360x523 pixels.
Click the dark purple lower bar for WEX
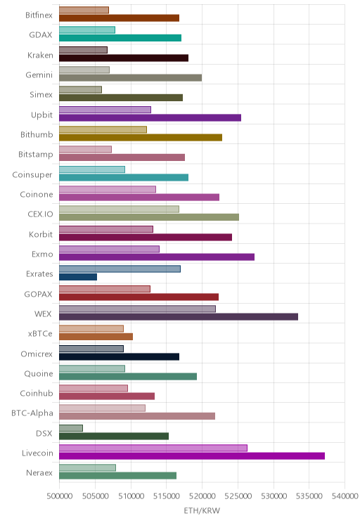(179, 317)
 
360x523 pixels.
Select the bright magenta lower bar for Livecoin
(192, 456)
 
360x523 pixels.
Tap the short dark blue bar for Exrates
(78, 277)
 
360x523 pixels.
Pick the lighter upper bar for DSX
(71, 428)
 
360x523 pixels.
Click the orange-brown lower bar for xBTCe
(96, 337)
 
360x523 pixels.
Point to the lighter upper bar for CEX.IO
(119, 209)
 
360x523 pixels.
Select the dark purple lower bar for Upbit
(150, 117)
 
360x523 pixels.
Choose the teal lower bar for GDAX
(120, 38)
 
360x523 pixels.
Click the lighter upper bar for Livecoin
(153, 448)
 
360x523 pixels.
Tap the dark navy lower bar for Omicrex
(119, 356)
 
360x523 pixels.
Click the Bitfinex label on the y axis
(39, 15)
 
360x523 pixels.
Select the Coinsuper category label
(32, 174)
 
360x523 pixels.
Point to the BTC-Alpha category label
(32, 413)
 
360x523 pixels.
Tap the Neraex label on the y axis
(39, 472)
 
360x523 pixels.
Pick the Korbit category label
(41, 234)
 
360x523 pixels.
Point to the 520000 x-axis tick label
(202, 496)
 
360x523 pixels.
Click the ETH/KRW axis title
(202, 510)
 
